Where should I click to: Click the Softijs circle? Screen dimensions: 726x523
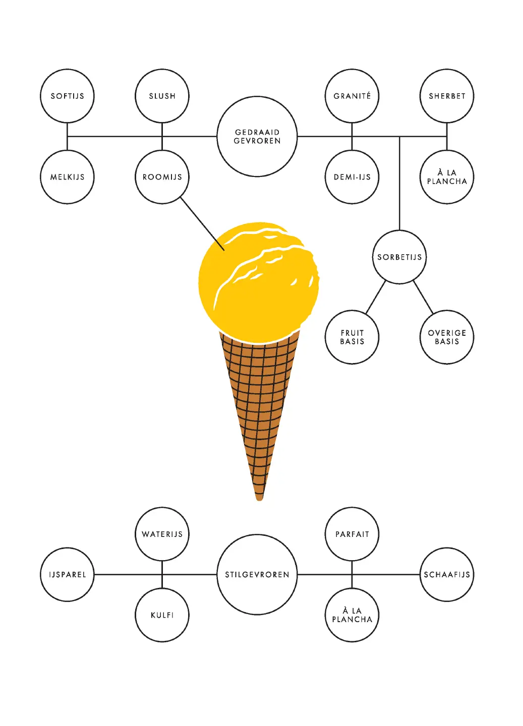(67, 96)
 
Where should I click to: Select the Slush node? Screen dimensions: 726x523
(162, 96)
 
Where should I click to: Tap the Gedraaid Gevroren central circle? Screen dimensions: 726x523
(257, 137)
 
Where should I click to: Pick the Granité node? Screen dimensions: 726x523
(352, 96)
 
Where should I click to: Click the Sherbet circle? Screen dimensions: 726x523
(447, 96)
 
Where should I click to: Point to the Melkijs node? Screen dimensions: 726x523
(67, 177)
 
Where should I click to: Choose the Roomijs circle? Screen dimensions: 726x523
(162, 177)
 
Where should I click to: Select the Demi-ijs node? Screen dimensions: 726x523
(352, 177)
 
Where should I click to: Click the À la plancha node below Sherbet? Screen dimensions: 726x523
(447, 177)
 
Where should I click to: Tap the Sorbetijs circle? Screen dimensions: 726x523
(399, 257)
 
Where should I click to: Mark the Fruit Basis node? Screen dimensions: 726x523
(352, 337)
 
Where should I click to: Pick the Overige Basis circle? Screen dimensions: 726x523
(447, 337)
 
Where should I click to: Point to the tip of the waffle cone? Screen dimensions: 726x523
(259, 497)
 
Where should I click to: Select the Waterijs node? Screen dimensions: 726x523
(162, 534)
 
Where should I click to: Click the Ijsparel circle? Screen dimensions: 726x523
(67, 575)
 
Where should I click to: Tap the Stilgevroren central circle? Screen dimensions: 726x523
(257, 575)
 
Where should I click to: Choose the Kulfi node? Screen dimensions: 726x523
(162, 615)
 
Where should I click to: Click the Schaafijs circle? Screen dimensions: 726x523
(447, 575)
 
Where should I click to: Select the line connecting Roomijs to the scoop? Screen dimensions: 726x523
(202, 223)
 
